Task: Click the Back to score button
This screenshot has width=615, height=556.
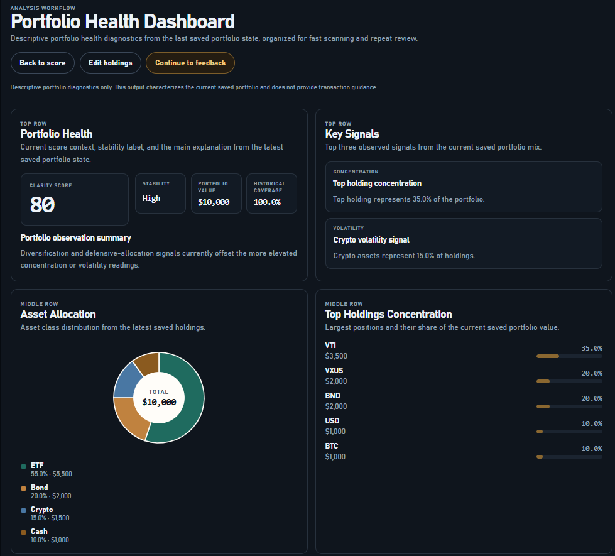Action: coord(42,63)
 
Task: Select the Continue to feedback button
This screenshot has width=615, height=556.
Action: coord(190,63)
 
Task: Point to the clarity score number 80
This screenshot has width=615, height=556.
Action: coord(43,205)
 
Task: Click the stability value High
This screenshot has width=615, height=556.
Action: coord(151,199)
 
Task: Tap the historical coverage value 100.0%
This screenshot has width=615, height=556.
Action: coord(267,202)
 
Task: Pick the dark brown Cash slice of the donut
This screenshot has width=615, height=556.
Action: coord(147,362)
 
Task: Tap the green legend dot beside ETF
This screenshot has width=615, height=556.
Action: coord(24,466)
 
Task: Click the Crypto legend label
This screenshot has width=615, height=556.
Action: coord(41,510)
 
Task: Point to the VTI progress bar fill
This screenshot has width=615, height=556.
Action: coord(547,356)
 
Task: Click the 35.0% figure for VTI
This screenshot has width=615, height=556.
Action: coord(591,348)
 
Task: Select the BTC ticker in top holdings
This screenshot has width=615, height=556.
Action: coord(331,446)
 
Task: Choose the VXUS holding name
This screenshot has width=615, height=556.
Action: coord(334,371)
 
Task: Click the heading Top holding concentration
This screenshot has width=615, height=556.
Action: coord(377,183)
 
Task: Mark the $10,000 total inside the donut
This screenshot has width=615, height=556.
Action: coord(159,402)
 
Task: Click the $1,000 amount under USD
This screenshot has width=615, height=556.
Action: coord(335,432)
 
